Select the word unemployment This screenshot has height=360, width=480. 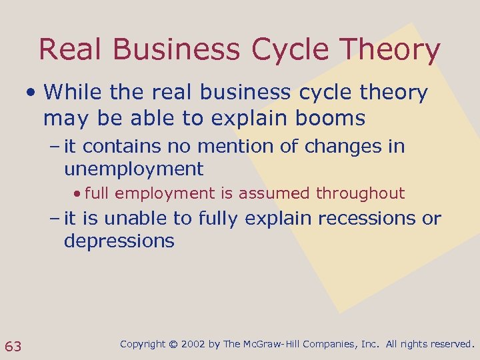[133, 169]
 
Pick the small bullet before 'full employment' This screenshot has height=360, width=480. [78, 194]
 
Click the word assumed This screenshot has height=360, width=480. [276, 194]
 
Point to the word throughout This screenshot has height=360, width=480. [360, 194]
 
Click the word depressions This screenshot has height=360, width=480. [119, 241]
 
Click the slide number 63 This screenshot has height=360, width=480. [13, 346]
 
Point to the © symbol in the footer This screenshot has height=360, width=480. [173, 345]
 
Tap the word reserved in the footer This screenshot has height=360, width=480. [449, 345]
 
